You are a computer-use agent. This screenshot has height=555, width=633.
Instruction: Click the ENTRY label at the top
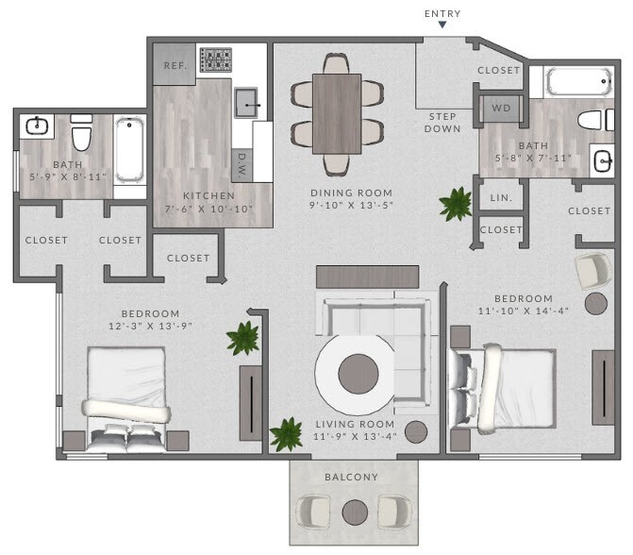(x=443, y=14)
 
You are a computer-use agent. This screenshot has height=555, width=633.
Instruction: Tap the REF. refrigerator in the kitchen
(x=174, y=65)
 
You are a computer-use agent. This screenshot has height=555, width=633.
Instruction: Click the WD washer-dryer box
(x=501, y=108)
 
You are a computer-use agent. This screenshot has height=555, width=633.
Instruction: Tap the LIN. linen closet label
(x=501, y=197)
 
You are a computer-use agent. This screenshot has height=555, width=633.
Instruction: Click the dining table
(x=337, y=113)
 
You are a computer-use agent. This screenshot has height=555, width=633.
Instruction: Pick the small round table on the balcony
(x=355, y=512)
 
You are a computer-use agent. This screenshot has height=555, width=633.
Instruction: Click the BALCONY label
(x=351, y=478)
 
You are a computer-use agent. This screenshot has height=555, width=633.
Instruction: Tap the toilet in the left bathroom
(x=82, y=133)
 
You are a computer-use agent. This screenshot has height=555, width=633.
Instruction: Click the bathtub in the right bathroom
(x=579, y=81)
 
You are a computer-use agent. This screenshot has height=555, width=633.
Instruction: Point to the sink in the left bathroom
(x=39, y=126)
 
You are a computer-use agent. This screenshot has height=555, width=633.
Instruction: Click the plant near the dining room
(x=457, y=204)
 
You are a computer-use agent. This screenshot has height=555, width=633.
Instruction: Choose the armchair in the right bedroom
(x=593, y=271)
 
